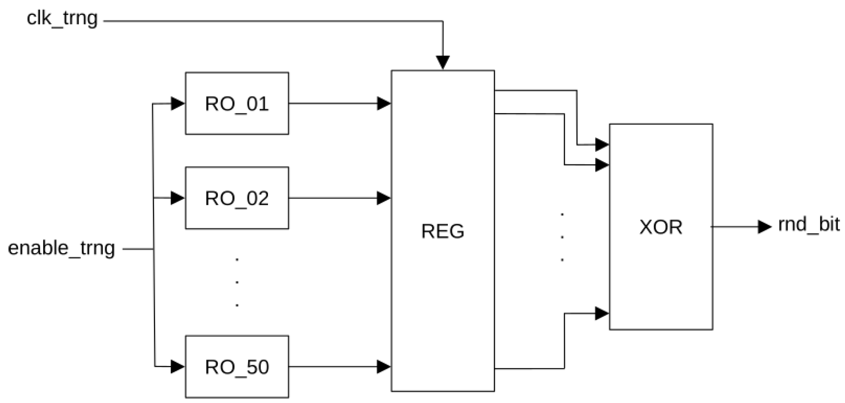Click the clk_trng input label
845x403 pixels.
tap(62, 18)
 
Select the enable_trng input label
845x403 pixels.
tap(61, 249)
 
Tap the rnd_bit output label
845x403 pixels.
tap(809, 225)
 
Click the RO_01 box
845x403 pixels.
tap(237, 103)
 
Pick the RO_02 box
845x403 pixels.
tap(237, 198)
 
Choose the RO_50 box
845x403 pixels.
tap(237, 366)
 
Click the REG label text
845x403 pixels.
tap(443, 231)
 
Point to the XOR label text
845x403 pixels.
tap(661, 227)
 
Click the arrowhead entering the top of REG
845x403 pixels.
tap(443, 62)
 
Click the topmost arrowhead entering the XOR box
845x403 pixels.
tap(602, 144)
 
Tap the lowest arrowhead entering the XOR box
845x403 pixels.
tap(602, 314)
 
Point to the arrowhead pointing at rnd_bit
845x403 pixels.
tap(764, 227)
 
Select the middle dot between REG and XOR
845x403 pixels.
tap(562, 237)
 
